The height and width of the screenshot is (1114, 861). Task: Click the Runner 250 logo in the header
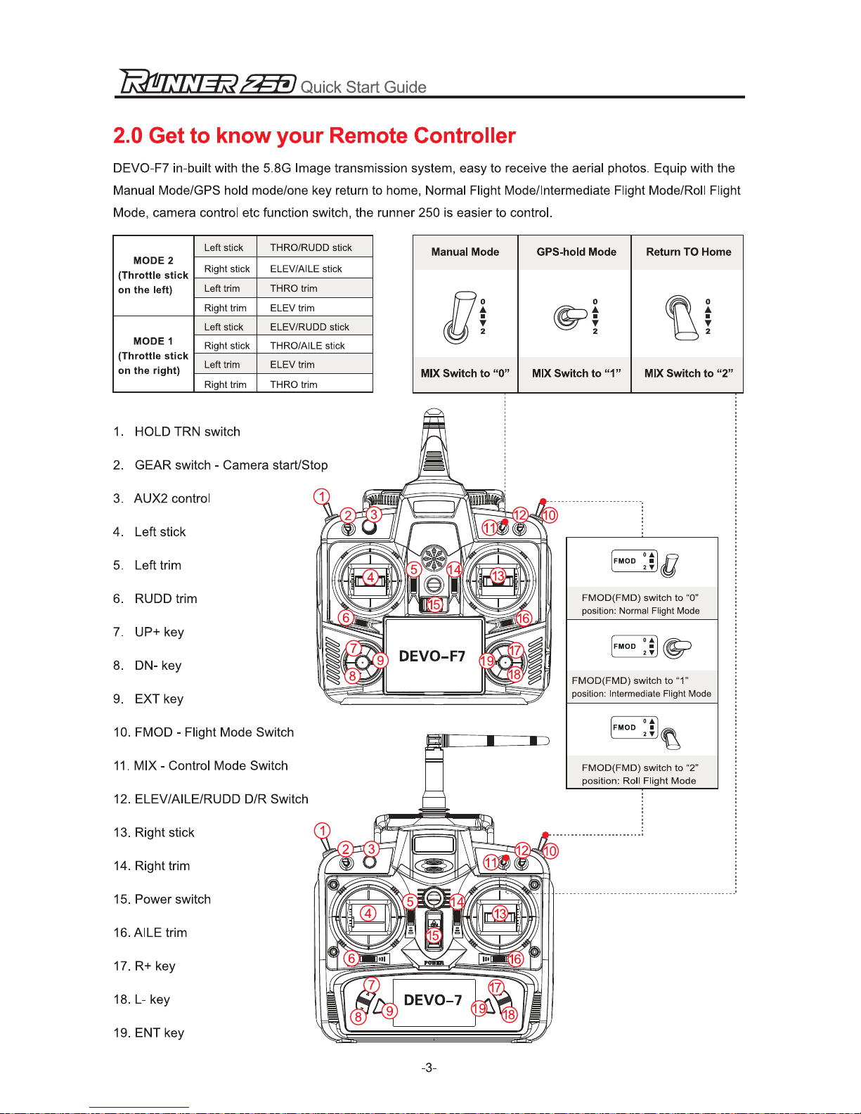[x=207, y=82]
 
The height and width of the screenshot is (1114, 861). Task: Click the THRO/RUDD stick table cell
[x=311, y=247]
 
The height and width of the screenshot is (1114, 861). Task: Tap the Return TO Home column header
[x=688, y=252]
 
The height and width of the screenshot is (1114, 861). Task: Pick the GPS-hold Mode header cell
[x=576, y=252]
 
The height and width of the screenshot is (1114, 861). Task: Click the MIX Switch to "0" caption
[x=465, y=373]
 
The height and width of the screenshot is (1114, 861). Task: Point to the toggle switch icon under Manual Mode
[x=460, y=317]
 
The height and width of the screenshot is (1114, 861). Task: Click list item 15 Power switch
[x=162, y=899]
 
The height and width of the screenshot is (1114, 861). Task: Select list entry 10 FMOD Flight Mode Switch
[x=204, y=732]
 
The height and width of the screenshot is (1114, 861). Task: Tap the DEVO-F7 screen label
[x=432, y=656]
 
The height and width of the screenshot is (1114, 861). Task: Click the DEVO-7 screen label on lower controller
[x=433, y=999]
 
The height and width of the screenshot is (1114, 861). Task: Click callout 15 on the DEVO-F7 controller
[x=434, y=604]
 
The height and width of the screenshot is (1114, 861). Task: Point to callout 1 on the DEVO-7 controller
[x=322, y=831]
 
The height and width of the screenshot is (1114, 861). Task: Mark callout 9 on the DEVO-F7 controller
[x=380, y=660]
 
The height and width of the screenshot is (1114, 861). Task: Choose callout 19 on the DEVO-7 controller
[x=479, y=1009]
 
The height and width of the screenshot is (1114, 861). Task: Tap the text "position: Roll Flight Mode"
[x=638, y=781]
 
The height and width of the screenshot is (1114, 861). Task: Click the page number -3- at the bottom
[x=429, y=1068]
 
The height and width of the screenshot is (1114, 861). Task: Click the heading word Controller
[x=464, y=136]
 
